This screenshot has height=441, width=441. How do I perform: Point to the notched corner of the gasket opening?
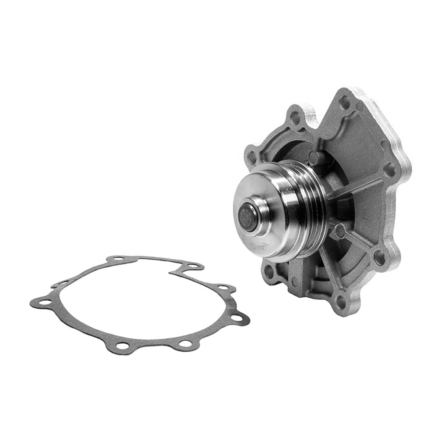tap(173, 273)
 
